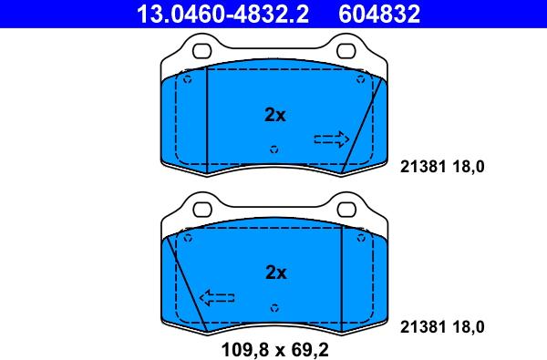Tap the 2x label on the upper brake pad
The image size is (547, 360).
click(x=274, y=115)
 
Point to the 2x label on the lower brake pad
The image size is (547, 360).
click(x=274, y=272)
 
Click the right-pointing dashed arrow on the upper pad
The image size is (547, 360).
click(x=331, y=139)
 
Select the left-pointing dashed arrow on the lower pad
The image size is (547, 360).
click(x=217, y=297)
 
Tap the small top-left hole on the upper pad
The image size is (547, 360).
click(x=188, y=79)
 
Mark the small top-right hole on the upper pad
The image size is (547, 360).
click(x=362, y=79)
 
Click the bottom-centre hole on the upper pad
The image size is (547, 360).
click(x=274, y=149)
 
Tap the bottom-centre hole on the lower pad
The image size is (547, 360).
click(x=274, y=306)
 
